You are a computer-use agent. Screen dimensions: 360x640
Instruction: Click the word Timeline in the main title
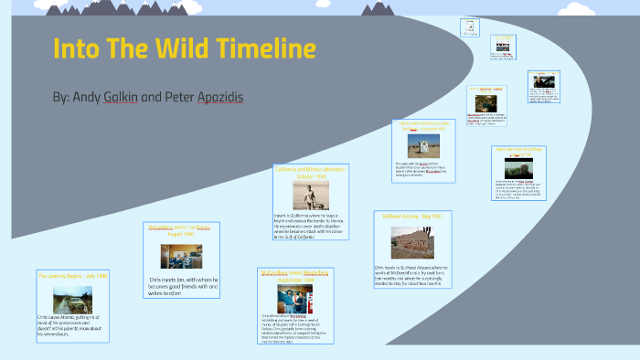(264, 48)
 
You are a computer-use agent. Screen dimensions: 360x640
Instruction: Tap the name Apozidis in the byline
(219, 96)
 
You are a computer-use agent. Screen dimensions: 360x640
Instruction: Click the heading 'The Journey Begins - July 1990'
(72, 275)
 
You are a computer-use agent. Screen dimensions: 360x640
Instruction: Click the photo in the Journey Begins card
(72, 299)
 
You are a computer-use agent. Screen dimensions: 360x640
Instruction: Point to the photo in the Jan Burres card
(180, 255)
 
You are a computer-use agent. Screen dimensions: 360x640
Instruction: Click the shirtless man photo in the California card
(305, 194)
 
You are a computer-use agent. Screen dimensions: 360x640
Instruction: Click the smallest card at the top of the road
(470, 26)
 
